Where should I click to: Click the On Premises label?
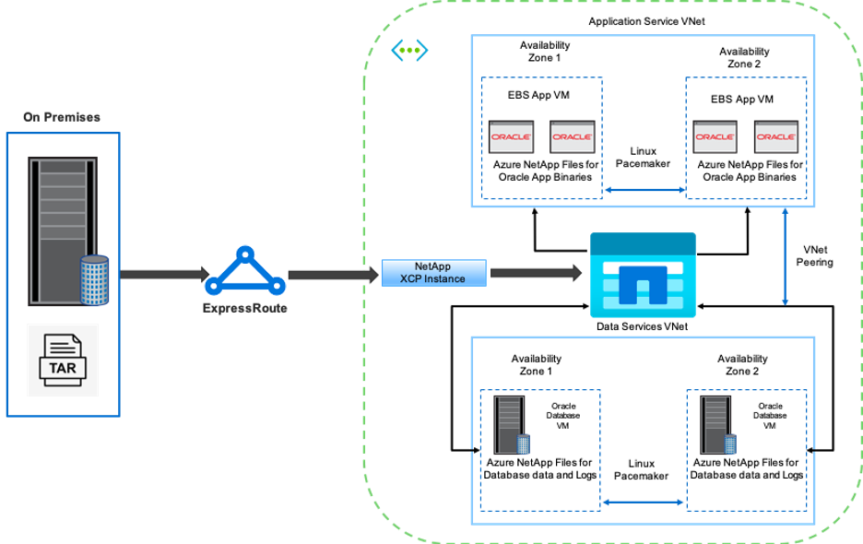62,117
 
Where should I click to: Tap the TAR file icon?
63,360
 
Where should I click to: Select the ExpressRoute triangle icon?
245,270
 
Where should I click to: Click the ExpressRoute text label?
245,308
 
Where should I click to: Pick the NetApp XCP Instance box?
433,273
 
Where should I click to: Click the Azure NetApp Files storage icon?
643,275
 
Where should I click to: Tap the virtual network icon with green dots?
409,51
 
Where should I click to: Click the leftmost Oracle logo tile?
511,136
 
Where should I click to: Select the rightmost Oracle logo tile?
776,136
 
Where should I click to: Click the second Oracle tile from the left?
573,136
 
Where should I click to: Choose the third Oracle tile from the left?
715,136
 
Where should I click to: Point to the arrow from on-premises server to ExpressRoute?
162,274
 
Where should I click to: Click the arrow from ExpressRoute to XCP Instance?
334,274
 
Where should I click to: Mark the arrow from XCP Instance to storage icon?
536,273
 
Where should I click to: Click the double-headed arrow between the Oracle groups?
644,191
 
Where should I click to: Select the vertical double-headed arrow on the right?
785,256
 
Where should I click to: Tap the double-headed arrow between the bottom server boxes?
643,503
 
